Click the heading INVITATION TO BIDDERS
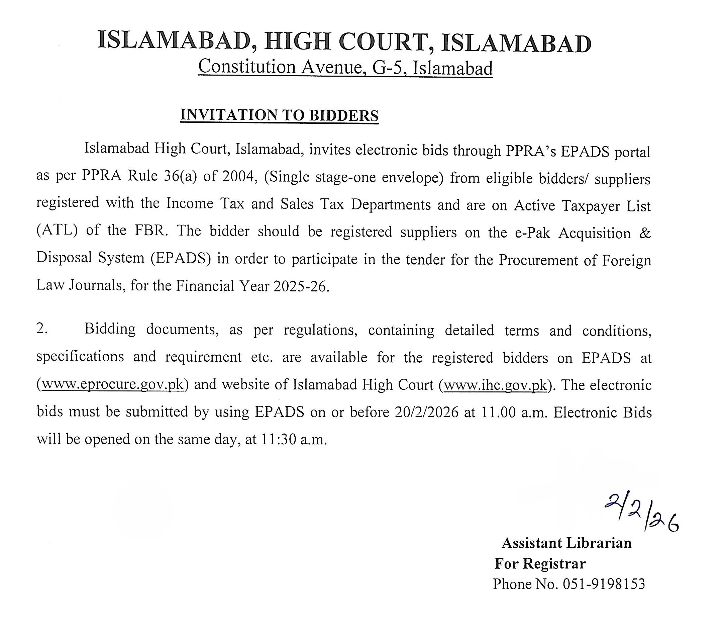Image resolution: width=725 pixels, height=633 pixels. pos(279,115)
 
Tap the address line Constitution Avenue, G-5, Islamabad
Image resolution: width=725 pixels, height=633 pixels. pos(345,68)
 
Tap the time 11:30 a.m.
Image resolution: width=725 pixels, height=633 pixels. pos(294,439)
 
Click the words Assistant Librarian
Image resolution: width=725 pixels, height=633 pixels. pos(566,543)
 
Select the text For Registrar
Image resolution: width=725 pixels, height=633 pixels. pos(540,563)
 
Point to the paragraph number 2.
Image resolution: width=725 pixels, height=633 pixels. pos(42,329)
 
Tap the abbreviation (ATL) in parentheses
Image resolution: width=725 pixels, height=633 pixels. pos(57,230)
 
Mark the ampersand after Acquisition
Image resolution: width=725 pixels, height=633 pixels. pos(645,233)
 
